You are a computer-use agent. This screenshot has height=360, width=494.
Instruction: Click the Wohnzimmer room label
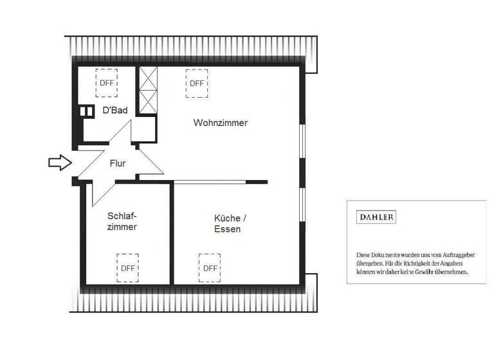220,123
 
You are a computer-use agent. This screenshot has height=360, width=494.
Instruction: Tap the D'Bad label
115,111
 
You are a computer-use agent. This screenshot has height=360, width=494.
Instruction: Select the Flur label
117,163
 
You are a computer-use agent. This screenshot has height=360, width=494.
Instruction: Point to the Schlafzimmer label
122,222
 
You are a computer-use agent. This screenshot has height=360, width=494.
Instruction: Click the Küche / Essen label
227,224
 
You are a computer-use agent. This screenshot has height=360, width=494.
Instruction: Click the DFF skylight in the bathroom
106,82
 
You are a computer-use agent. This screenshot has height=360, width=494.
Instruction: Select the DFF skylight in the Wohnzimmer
196,84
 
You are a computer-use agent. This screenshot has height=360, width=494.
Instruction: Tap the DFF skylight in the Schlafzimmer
127,268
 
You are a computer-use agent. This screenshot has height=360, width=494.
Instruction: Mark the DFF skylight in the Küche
210,268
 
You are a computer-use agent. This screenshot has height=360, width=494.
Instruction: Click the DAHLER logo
376,217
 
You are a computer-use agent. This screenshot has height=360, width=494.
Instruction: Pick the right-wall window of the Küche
302,205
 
